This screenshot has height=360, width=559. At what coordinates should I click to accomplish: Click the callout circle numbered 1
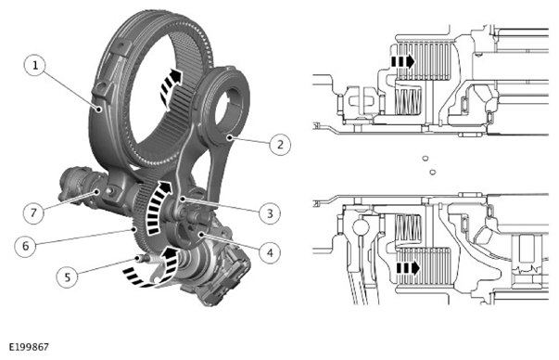click(x=35, y=66)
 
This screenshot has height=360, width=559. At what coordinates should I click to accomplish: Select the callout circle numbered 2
click(x=280, y=145)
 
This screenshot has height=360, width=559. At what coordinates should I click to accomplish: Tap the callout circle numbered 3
click(x=270, y=213)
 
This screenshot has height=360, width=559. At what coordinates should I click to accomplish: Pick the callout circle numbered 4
click(x=270, y=252)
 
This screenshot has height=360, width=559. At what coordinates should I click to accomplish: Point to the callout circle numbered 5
click(x=68, y=276)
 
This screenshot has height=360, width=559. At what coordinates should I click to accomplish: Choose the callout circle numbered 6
click(x=25, y=246)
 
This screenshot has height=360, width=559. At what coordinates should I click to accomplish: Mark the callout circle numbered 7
click(x=33, y=213)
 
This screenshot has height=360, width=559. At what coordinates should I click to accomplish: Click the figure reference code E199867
click(x=29, y=347)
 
